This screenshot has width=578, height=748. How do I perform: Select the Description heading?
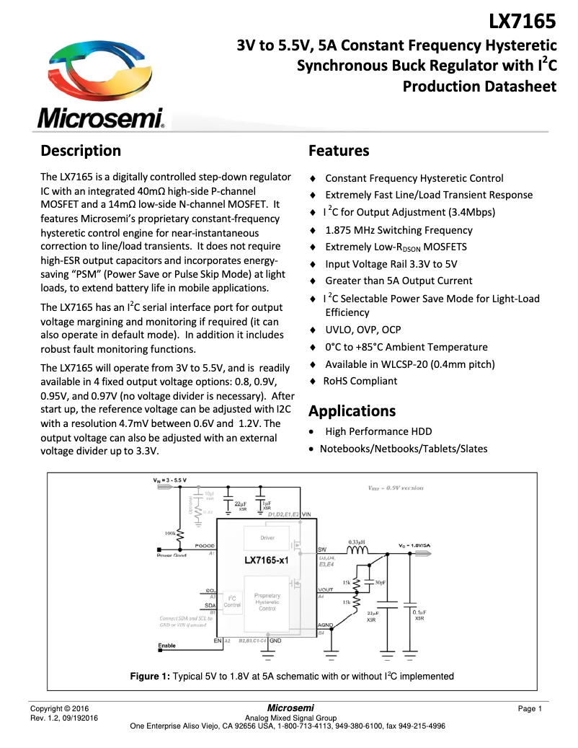[81, 151]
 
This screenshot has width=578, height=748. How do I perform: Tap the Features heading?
[339, 151]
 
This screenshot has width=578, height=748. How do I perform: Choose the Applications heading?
[352, 411]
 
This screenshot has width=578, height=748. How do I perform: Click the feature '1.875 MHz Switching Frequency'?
[399, 230]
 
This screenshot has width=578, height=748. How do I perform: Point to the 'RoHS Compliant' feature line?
[360, 380]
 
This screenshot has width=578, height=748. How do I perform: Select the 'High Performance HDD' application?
[378, 431]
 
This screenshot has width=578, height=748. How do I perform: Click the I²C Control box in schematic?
[232, 601]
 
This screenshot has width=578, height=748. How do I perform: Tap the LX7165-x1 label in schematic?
[266, 560]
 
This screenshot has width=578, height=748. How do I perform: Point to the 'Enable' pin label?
[166, 646]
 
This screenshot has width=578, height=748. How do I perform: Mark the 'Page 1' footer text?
[530, 709]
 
